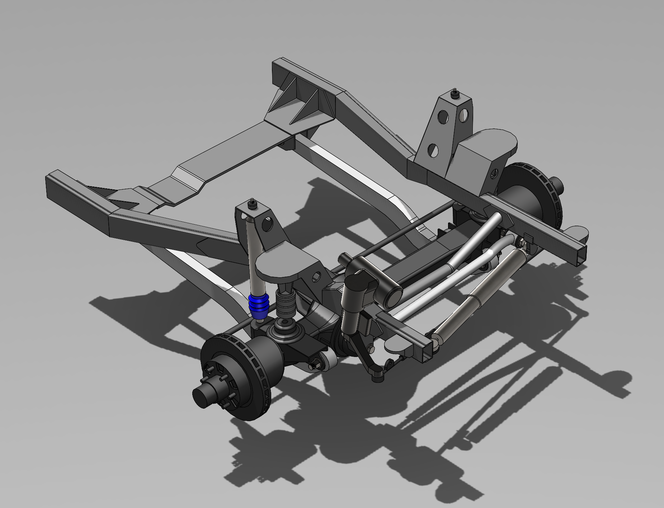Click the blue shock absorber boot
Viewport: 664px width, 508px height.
258,305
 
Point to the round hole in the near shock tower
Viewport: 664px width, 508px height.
267,225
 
